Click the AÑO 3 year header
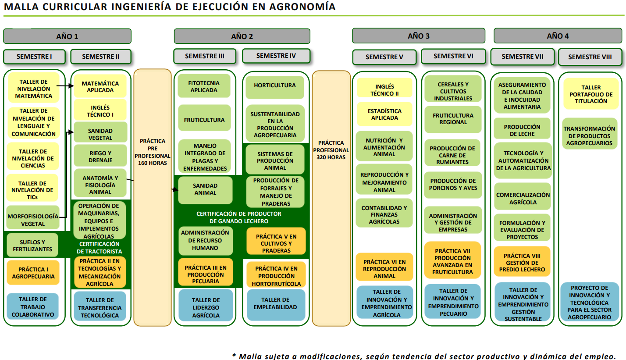point(418,36)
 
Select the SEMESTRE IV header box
point(276,56)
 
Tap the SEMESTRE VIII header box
point(590,57)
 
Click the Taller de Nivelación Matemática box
point(33,89)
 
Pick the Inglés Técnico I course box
point(100,111)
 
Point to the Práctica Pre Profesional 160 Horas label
point(152,152)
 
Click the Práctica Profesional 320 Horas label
point(331,150)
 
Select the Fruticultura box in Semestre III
point(204,120)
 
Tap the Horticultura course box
point(275,86)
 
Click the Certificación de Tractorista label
point(99,248)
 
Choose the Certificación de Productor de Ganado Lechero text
point(238,217)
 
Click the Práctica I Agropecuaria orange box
point(33,273)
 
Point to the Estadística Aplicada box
point(384,114)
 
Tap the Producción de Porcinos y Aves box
point(453,185)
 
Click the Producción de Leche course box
point(522,130)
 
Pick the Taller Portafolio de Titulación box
point(591,94)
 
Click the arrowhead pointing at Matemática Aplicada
point(71,86)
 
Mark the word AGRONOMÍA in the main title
point(302,7)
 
